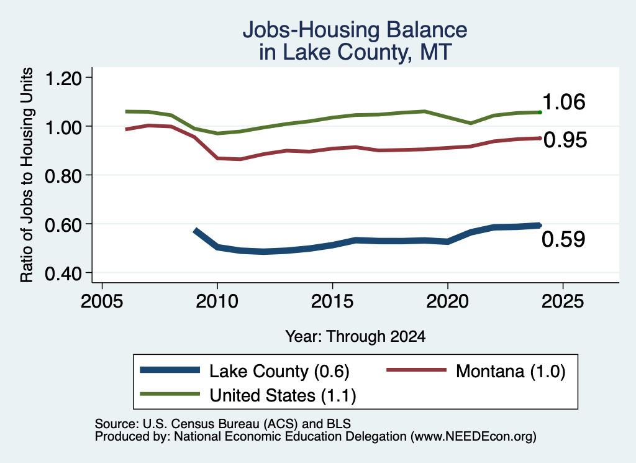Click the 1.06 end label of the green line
pos(563,102)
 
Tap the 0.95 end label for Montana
pos(565,140)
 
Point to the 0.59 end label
pos(563,239)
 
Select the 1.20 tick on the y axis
pos(63,78)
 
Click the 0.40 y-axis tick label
pos(63,273)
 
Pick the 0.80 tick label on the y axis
pos(63,176)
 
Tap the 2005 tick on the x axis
pos(102,301)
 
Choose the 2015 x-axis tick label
pos(333,301)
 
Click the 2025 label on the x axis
pos(563,301)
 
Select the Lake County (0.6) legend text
pos(279,371)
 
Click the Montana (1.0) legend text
pos(511,371)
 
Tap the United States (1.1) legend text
pos(283,395)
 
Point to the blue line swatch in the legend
pos(170,370)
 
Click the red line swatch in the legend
pos(417,370)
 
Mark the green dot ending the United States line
pos(540,112)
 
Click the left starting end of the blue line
pos(196,231)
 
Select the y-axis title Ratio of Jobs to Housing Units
pos(27,175)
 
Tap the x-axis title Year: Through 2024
pos(355,336)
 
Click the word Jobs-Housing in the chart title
pos(311,30)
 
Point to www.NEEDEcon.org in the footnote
pos(473,437)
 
